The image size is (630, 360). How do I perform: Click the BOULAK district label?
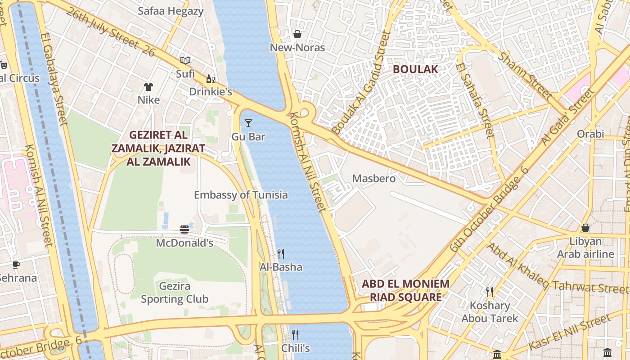(x=415, y=69)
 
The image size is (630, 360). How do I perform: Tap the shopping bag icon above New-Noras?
(x=297, y=34)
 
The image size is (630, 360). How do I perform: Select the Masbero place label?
(x=374, y=179)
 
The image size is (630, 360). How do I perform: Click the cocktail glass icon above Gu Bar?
(x=248, y=123)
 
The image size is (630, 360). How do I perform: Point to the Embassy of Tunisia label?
(x=241, y=195)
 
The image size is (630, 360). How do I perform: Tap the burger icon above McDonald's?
(x=184, y=229)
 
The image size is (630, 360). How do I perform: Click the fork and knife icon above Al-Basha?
(x=281, y=254)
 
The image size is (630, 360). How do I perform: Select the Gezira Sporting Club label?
(x=175, y=292)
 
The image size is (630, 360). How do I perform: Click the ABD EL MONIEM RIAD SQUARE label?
(x=405, y=290)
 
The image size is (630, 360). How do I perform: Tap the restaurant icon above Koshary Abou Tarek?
(x=490, y=292)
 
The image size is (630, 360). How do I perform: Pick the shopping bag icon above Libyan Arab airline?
(x=585, y=228)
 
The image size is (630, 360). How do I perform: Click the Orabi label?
(x=590, y=134)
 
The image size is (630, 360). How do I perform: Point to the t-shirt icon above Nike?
(x=148, y=86)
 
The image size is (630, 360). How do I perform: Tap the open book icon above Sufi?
(x=185, y=60)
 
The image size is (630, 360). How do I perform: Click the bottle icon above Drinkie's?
(x=210, y=79)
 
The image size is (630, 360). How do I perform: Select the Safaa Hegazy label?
(x=171, y=11)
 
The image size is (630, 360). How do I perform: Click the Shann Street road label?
(x=526, y=76)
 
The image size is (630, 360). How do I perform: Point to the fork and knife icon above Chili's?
(x=295, y=334)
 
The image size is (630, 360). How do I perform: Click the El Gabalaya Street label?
(x=54, y=79)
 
